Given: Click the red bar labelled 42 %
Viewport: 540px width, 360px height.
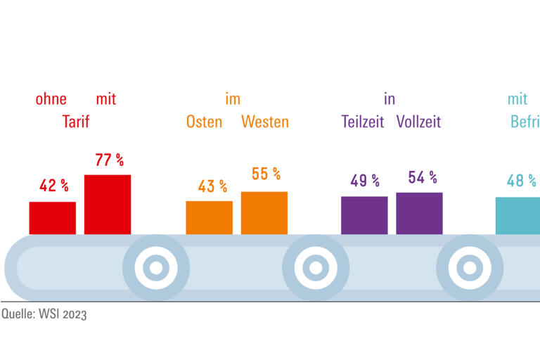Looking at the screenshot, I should pos(52,218).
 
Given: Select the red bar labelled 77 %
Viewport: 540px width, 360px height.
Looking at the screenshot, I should pos(108,205).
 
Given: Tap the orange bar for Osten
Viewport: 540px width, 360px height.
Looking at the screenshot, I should pos(209,217).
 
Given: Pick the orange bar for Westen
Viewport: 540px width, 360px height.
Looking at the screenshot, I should pos(264,213).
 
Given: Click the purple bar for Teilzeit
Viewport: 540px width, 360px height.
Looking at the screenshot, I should pos(364,215).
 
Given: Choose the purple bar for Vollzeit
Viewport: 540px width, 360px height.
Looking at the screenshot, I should pos(419,213).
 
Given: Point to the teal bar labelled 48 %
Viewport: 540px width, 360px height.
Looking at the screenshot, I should pos(518,215).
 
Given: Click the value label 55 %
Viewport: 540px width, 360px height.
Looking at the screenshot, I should pos(266,174).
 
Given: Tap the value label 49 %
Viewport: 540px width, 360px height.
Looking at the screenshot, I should pos(365,181).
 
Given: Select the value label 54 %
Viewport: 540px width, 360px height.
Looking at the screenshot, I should pos(423,178).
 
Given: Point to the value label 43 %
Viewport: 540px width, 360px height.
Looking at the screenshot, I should pos(212,186).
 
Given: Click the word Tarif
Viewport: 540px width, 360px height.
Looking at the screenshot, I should pos(76,122).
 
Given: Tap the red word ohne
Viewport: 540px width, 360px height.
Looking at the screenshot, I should pos(51,99).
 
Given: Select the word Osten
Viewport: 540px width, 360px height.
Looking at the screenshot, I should pos(204,122).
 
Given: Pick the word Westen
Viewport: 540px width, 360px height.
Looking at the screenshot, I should pos(265,122).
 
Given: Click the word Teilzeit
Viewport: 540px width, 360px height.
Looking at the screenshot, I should pos(363,122).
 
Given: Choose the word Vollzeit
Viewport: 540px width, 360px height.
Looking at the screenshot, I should pos(418,122).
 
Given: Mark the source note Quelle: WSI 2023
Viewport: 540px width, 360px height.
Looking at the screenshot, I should pos(44,315).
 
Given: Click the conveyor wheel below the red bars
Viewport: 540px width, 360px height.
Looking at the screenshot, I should pos(156,267).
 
